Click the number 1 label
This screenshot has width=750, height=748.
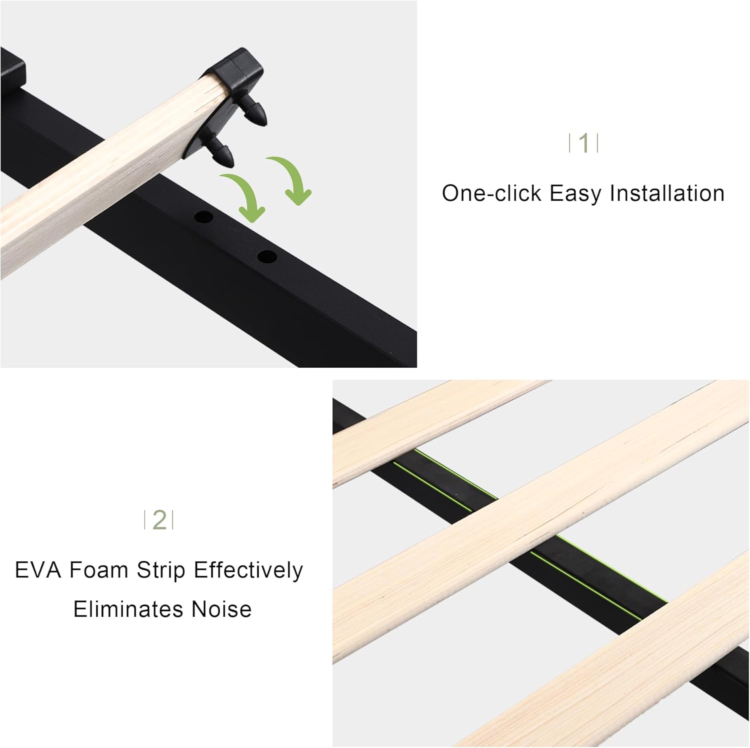583,143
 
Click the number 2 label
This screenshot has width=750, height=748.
159,520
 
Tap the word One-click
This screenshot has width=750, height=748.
491,194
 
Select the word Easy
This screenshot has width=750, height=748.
575,194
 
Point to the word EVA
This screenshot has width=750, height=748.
37,570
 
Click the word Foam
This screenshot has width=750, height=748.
98,570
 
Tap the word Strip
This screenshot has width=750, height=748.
160,570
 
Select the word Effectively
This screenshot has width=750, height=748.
248,570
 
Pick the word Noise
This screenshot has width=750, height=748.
221,609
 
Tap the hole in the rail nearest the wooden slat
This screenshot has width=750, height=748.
203,217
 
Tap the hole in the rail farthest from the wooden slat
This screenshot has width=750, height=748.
267,257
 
